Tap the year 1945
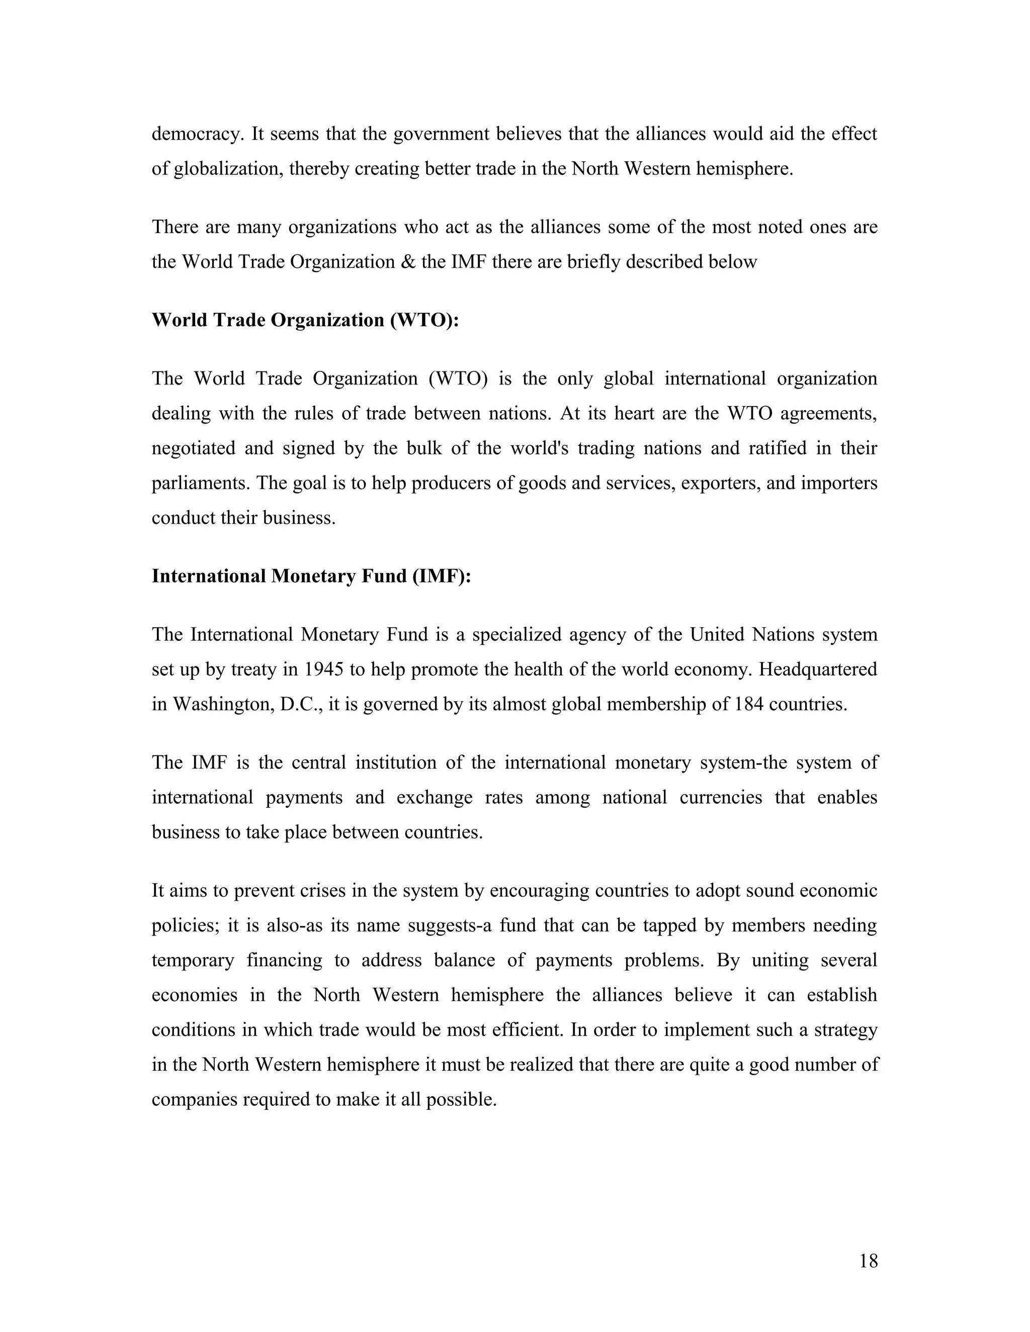(323, 670)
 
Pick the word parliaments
(201, 484)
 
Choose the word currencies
(721, 798)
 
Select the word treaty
(255, 670)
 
